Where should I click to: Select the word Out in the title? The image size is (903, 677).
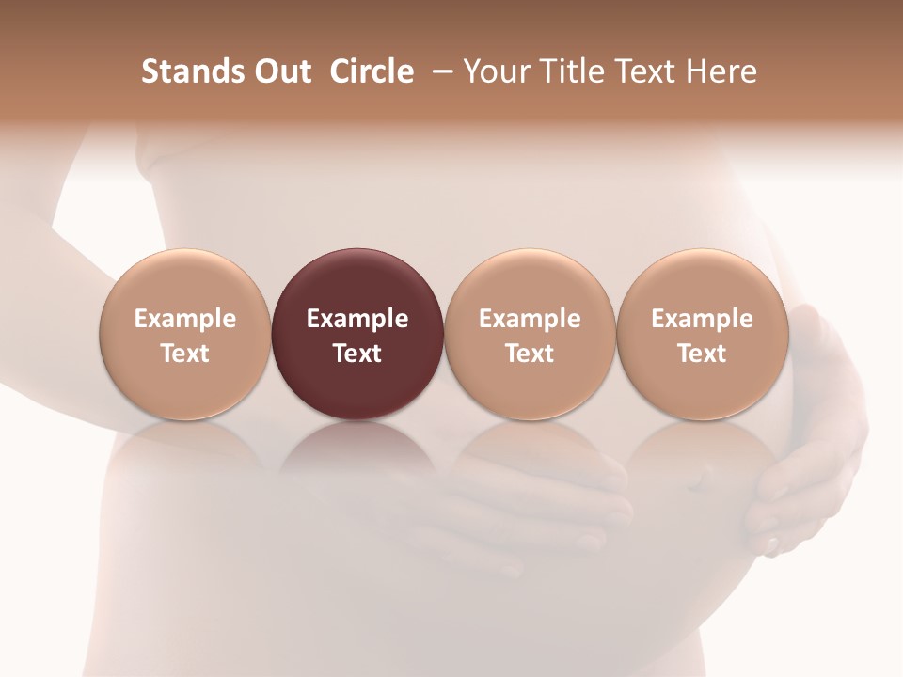point(280,71)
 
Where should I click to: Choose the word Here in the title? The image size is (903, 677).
point(721,71)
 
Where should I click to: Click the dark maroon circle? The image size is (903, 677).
point(357,334)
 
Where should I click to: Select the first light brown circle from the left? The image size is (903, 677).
point(184,334)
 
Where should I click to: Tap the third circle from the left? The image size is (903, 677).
point(530,334)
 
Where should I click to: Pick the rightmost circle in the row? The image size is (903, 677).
point(702,334)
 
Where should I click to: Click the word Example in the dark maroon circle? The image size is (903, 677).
point(357,319)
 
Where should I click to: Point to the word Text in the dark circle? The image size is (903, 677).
point(357,354)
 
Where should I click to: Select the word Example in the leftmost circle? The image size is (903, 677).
point(184,319)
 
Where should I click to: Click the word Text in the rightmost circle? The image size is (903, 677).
point(702,354)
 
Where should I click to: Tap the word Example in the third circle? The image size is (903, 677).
point(530,319)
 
